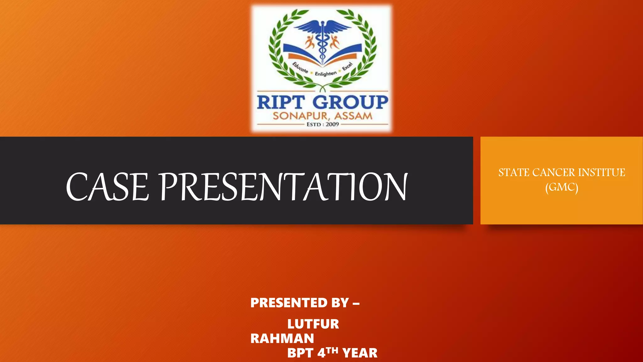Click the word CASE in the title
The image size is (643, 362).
107,187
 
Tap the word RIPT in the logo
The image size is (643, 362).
281,102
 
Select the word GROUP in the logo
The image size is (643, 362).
350,102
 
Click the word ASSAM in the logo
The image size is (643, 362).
353,116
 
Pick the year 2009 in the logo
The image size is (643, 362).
332,124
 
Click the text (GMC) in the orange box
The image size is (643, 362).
562,187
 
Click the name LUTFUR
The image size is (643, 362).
313,324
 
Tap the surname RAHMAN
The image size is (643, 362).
282,338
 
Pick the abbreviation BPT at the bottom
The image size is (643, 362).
300,353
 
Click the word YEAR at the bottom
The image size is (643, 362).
360,353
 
